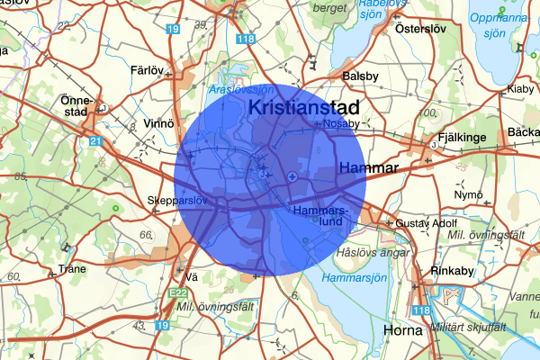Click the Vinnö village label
pos(157,122)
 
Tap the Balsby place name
pos(361,76)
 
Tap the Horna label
pos(402,331)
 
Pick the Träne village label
pos(71,268)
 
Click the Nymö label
pos(469,194)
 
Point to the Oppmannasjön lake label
pos(499,24)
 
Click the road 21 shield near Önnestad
pos(95,141)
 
